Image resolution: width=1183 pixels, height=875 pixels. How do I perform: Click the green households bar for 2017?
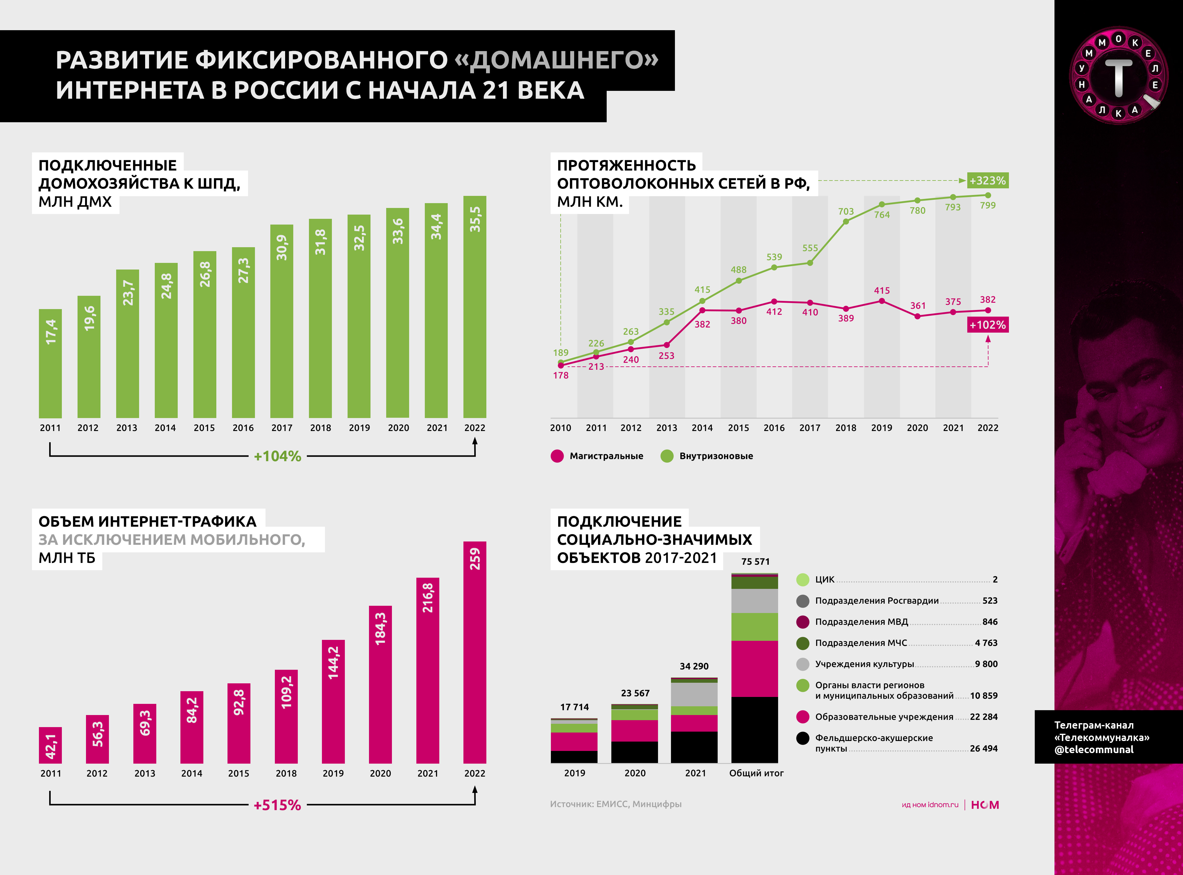(281, 321)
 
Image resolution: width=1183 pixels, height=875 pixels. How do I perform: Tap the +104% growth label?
(277, 456)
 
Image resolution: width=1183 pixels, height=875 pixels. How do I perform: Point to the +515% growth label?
(277, 805)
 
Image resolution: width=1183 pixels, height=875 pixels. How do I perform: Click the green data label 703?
(846, 211)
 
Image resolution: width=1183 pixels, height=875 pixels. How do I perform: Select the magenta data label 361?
(918, 306)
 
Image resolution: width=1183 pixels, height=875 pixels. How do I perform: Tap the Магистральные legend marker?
(557, 456)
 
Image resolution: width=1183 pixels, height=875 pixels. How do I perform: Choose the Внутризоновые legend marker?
(667, 456)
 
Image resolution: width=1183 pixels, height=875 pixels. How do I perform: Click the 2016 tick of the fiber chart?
(774, 428)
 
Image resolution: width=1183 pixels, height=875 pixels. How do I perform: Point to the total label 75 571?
(755, 561)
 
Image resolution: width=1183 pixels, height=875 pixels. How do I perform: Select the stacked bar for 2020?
(634, 733)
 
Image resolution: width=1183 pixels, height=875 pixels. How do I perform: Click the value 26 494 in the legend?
(984, 749)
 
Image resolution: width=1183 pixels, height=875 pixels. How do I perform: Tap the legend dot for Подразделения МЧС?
(803, 643)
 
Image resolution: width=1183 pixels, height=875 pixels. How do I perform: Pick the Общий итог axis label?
(756, 773)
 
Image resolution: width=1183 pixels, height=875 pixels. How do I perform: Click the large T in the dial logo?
(1118, 77)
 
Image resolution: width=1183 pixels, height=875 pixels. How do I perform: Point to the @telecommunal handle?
(1094, 749)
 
